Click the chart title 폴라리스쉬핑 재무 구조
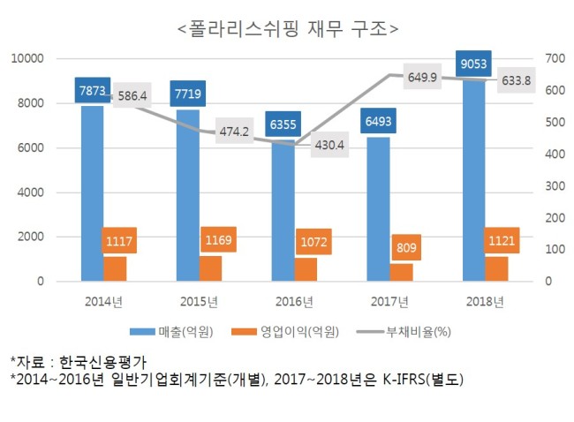click(x=288, y=29)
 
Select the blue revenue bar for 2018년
click(x=473, y=178)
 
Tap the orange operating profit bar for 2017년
click(x=401, y=272)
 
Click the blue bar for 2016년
click(x=283, y=210)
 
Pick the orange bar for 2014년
click(x=115, y=269)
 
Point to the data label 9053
click(x=473, y=64)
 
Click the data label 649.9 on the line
click(x=422, y=77)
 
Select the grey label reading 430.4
click(x=329, y=145)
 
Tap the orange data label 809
click(x=406, y=247)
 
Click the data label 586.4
click(x=132, y=95)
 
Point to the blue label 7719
click(x=188, y=94)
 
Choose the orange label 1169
click(x=218, y=240)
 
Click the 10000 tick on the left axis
click(x=27, y=58)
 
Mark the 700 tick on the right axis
click(x=555, y=58)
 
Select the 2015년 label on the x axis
click(x=200, y=302)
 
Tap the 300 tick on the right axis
click(x=555, y=186)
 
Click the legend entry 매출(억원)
click(x=171, y=332)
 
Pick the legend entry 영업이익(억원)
click(x=285, y=332)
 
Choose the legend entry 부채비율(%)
click(x=404, y=332)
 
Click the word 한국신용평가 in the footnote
click(x=102, y=362)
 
